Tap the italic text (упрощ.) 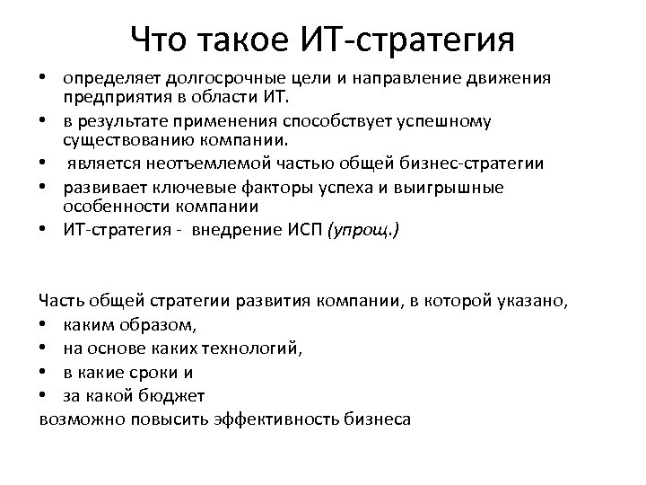click(x=365, y=229)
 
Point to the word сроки click(x=154, y=370)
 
